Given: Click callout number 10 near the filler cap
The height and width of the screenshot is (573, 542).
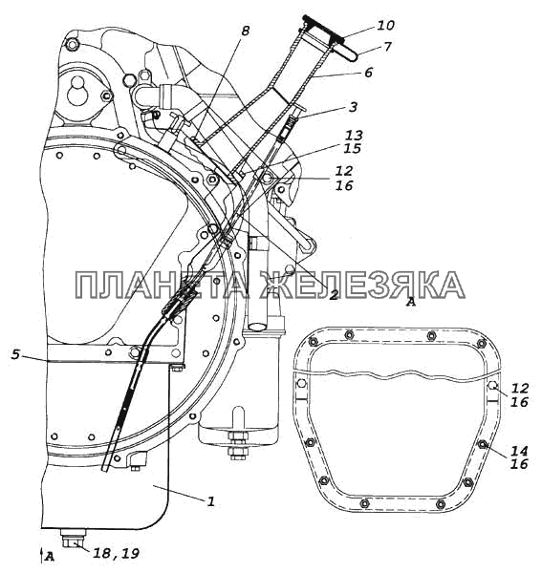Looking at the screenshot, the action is click(x=385, y=25).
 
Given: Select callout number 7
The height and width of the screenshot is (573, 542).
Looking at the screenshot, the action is click(x=387, y=47).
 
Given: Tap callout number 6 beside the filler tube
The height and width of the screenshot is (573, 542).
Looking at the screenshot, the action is click(x=368, y=73).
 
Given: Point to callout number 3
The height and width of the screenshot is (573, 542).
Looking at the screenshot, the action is click(x=353, y=107).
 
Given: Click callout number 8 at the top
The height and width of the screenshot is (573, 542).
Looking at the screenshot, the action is click(x=245, y=31).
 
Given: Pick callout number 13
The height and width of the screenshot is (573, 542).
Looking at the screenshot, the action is click(x=354, y=136).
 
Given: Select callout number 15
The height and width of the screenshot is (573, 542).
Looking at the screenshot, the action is click(x=352, y=149).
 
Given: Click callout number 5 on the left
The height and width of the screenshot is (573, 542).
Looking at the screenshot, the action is click(x=15, y=354).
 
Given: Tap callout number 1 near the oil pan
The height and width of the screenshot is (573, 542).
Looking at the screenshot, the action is click(x=210, y=501).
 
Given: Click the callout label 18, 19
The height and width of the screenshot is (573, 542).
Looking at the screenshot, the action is click(x=116, y=553).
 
